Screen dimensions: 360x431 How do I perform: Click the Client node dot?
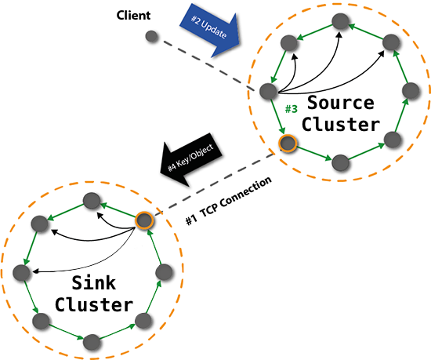[152, 37]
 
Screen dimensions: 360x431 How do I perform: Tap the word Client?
[133, 16]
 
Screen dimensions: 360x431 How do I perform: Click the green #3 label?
[292, 108]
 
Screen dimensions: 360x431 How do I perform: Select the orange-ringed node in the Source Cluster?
[288, 144]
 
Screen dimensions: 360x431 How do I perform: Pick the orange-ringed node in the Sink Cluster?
[143, 221]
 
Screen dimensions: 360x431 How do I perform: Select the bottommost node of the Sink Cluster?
[92, 340]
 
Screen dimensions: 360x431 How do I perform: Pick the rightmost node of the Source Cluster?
[408, 90]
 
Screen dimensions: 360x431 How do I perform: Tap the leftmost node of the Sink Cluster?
[21, 273]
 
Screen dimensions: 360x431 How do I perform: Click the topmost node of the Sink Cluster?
[92, 200]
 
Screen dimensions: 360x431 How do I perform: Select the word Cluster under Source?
[341, 124]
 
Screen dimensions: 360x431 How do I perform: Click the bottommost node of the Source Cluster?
[340, 163]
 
